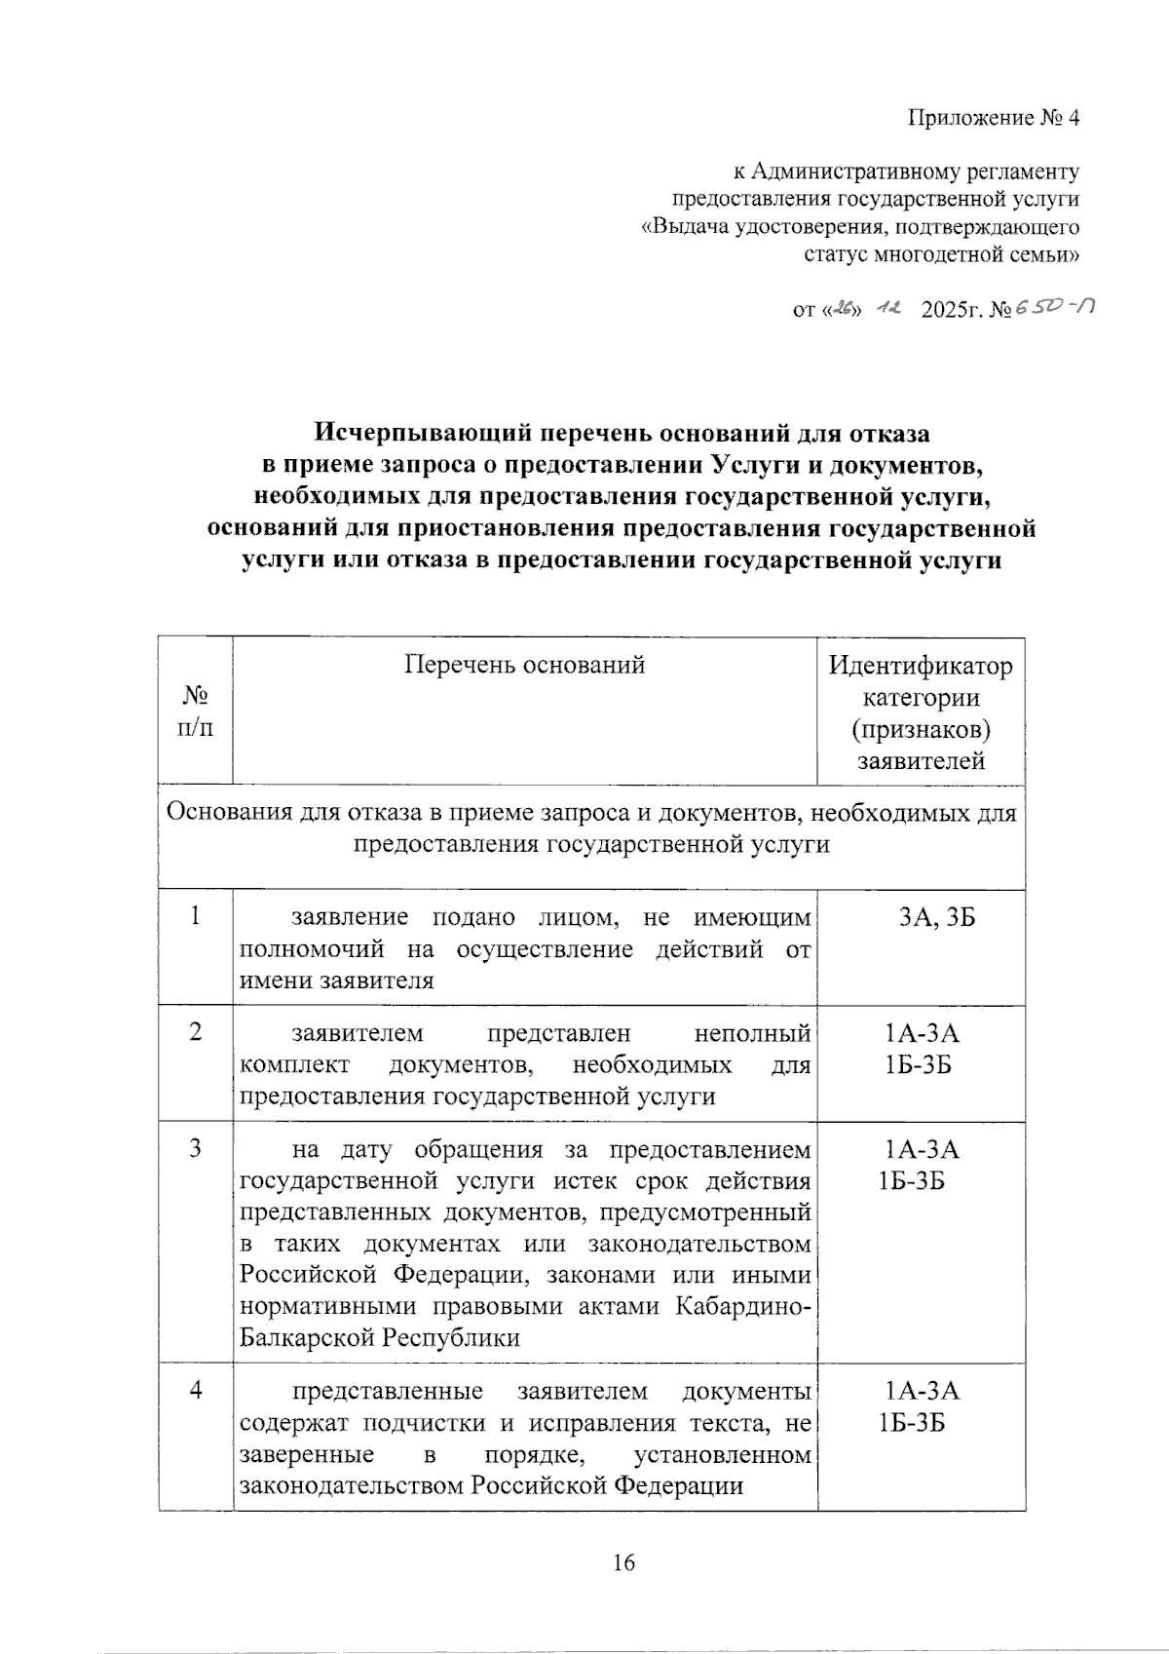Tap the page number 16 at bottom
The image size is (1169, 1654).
tap(623, 1563)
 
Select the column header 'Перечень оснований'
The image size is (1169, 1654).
tap(524, 665)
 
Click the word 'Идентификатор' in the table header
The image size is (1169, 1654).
tap(921, 667)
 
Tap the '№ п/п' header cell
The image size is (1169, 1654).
tap(196, 712)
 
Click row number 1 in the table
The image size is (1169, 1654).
tap(196, 916)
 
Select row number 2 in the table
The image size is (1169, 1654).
tap(196, 1032)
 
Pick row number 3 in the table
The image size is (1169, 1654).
tap(196, 1148)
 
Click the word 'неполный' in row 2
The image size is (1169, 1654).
tap(752, 1032)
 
